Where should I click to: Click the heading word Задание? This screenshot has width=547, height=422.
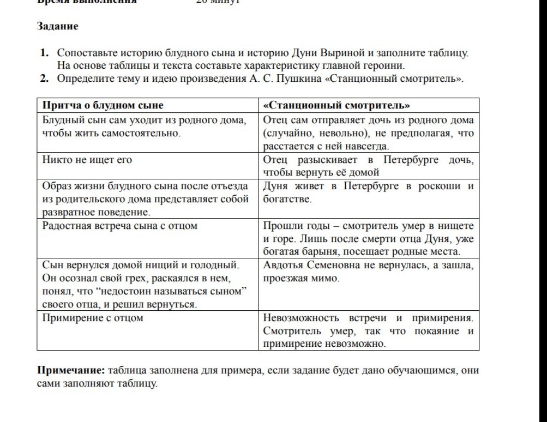tap(58, 26)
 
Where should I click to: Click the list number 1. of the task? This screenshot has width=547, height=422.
tap(44, 54)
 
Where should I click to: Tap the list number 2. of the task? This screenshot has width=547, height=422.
tap(44, 79)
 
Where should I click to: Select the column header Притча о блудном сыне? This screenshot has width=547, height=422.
tap(103, 105)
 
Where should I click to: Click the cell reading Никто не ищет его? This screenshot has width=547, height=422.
tap(87, 160)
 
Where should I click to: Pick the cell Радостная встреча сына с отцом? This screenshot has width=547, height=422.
tap(120, 226)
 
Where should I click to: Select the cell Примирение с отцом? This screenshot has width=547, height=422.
tap(93, 318)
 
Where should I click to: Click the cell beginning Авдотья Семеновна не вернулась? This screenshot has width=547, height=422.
tap(368, 272)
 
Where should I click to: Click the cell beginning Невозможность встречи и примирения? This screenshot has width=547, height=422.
tap(368, 331)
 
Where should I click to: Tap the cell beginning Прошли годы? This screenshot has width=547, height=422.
tap(368, 239)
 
